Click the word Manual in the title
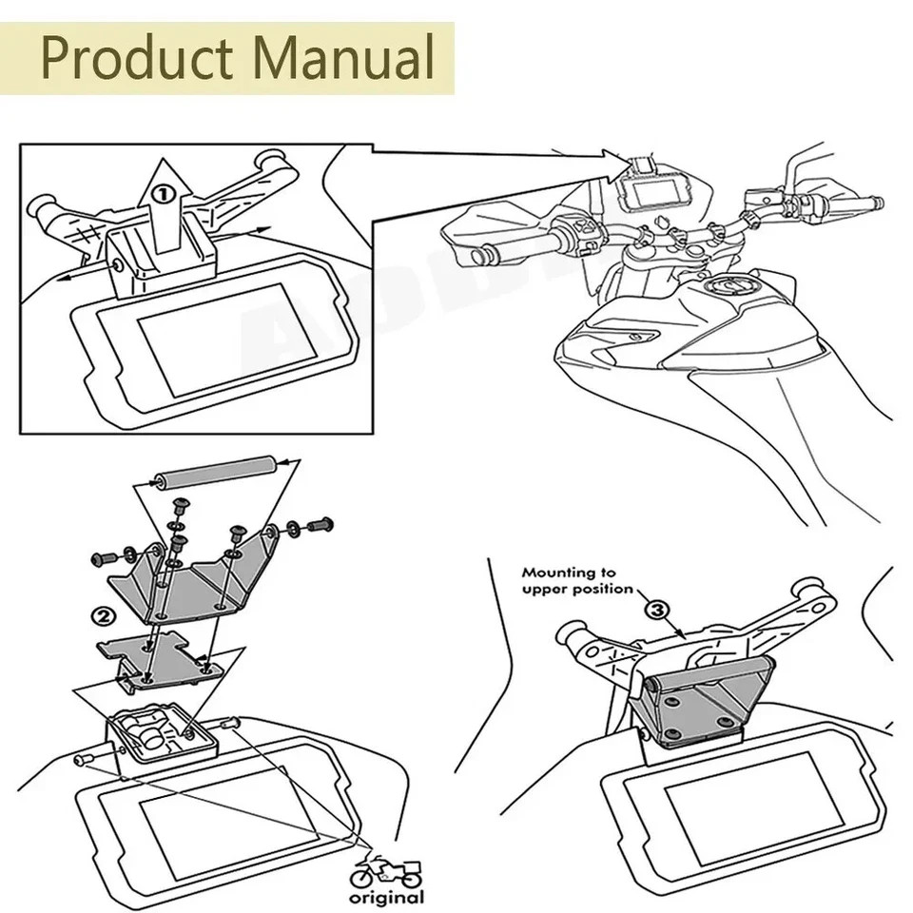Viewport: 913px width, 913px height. pos(339,58)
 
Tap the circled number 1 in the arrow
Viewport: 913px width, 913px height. pos(165,195)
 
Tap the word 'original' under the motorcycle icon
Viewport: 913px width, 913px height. pos(386,897)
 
